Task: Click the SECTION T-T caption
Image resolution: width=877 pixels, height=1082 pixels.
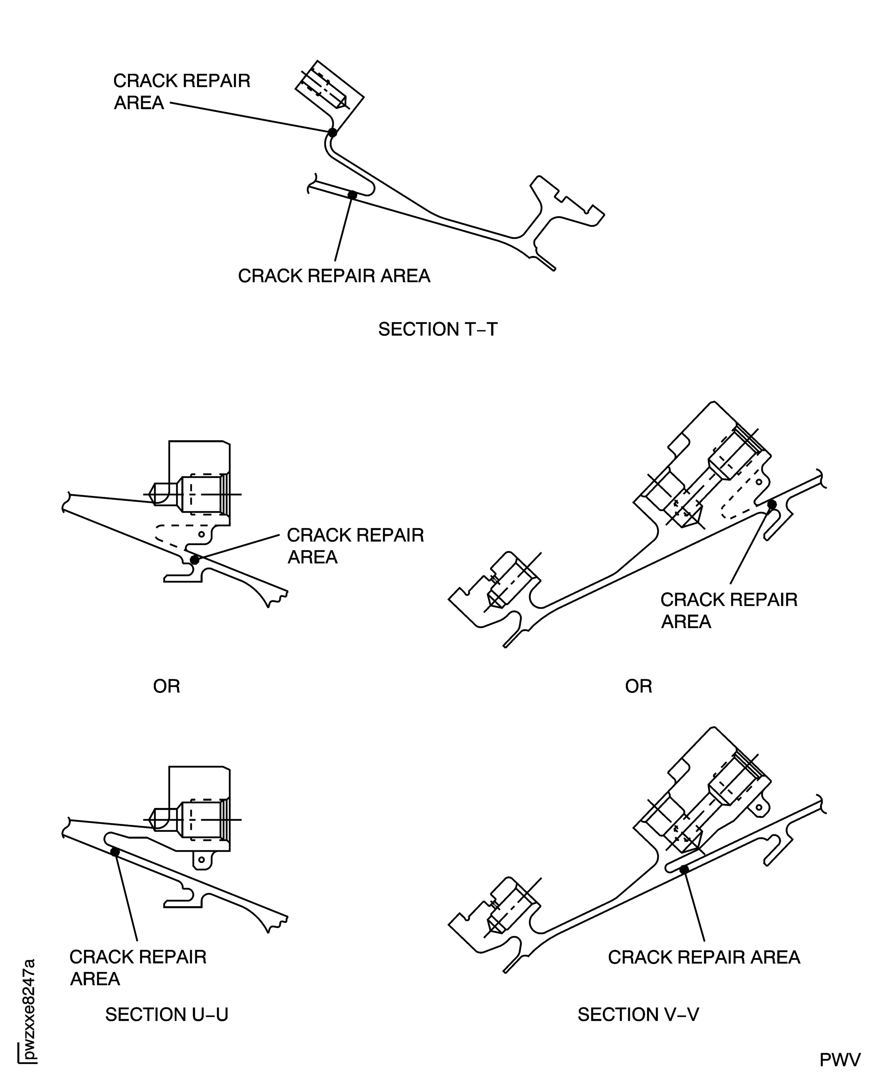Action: pyautogui.click(x=437, y=329)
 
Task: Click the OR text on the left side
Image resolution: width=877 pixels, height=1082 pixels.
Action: pyautogui.click(x=167, y=686)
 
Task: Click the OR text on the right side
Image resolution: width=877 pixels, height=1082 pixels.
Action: pyautogui.click(x=638, y=686)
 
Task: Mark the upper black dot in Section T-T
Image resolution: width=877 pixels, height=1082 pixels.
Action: pyautogui.click(x=332, y=132)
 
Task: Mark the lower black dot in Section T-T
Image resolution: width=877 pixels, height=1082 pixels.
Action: pyautogui.click(x=353, y=195)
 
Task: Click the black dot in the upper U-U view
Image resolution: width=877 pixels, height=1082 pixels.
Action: pyautogui.click(x=194, y=560)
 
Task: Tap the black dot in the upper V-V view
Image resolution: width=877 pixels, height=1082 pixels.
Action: pyautogui.click(x=772, y=504)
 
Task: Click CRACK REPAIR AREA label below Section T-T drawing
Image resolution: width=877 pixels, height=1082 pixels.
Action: pyautogui.click(x=334, y=276)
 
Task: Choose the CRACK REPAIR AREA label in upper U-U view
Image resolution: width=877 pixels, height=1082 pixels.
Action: pyautogui.click(x=355, y=546)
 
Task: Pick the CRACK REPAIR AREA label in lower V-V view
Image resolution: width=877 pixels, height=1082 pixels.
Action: pyautogui.click(x=704, y=957)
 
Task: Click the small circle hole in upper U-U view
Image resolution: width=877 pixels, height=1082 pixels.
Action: pyautogui.click(x=201, y=534)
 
